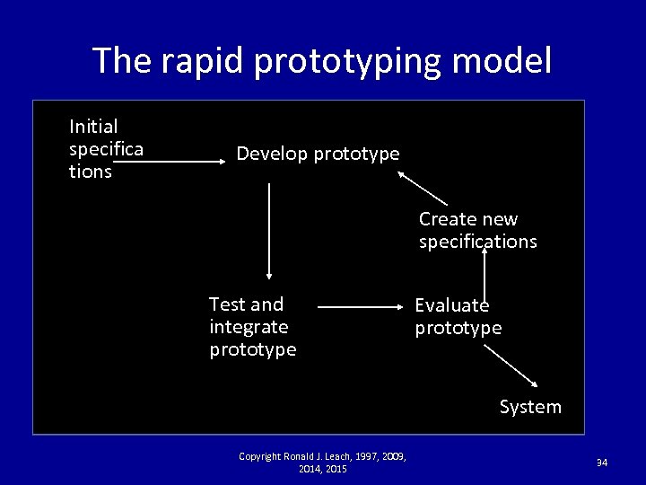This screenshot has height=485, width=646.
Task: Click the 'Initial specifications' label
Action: click(105, 149)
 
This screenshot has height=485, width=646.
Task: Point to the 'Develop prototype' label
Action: click(318, 154)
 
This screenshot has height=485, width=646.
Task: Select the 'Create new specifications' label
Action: click(477, 230)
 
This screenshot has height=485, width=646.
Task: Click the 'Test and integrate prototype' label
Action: click(252, 327)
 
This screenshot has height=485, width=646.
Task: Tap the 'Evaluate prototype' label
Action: click(458, 317)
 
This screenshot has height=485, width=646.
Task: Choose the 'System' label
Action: click(530, 407)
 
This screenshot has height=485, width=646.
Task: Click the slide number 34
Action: click(602, 463)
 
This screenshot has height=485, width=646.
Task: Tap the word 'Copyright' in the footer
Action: click(258, 457)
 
